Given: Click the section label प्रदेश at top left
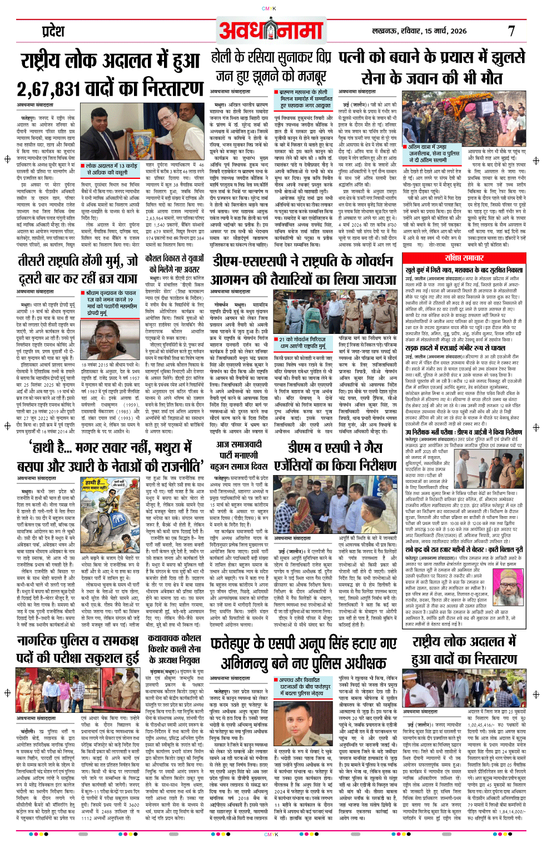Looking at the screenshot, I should point(53,32).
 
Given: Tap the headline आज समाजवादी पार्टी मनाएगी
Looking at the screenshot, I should point(239,450).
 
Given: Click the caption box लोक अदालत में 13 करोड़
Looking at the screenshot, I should point(111,169).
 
